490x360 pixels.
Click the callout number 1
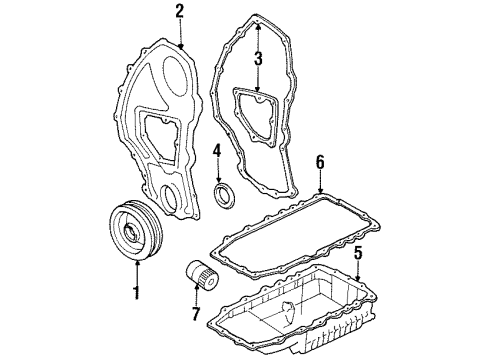pos(137,296)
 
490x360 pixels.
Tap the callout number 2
pos(179,12)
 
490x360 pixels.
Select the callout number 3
pos(258,59)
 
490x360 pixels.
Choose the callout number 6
pos(319,160)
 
